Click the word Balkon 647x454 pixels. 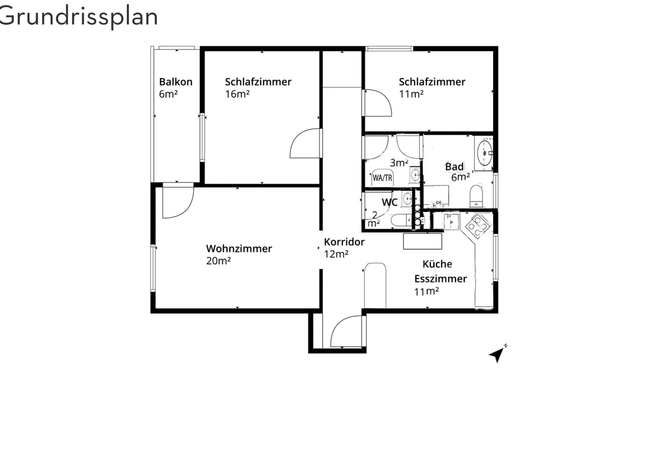pyautogui.click(x=176, y=82)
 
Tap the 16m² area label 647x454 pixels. pyautogui.click(x=237, y=94)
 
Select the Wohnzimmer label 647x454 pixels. pyautogui.click(x=239, y=248)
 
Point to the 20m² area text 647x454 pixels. pyautogui.click(x=218, y=261)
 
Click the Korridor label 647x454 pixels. pyautogui.click(x=344, y=242)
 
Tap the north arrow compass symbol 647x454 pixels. pyautogui.click(x=497, y=354)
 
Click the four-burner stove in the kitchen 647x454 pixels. pyautogui.click(x=477, y=226)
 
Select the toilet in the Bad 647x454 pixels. pyautogui.click(x=476, y=196)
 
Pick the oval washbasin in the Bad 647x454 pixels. pyautogui.click(x=485, y=153)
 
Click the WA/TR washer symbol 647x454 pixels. pyautogui.click(x=382, y=178)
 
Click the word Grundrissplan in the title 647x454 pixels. pyautogui.click(x=79, y=17)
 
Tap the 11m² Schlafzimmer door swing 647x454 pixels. pyautogui.click(x=377, y=103)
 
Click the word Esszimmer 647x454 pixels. pyautogui.click(x=440, y=278)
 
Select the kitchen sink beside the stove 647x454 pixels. pyautogui.click(x=451, y=221)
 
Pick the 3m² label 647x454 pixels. pyautogui.click(x=399, y=163)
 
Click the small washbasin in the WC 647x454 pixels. pyautogui.click(x=407, y=198)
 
